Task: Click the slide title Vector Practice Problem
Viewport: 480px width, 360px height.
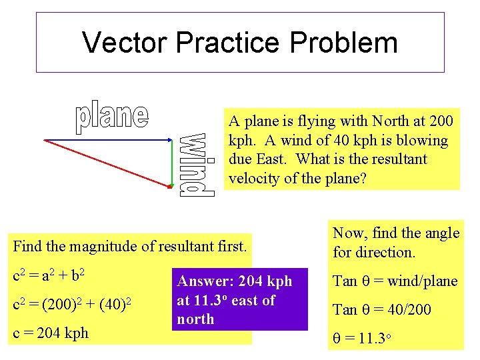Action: (240, 42)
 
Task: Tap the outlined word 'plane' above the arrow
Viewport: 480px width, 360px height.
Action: (111, 117)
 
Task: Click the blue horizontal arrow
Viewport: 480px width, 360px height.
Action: (107, 140)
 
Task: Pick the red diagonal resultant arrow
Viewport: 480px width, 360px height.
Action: (107, 164)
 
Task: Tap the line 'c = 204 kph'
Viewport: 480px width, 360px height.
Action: (51, 333)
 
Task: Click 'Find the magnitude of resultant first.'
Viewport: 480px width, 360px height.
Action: (130, 246)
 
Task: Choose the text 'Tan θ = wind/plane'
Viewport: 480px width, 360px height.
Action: (395, 281)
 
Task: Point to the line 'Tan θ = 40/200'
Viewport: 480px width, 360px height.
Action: (382, 309)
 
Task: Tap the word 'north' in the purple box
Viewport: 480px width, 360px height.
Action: (195, 319)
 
